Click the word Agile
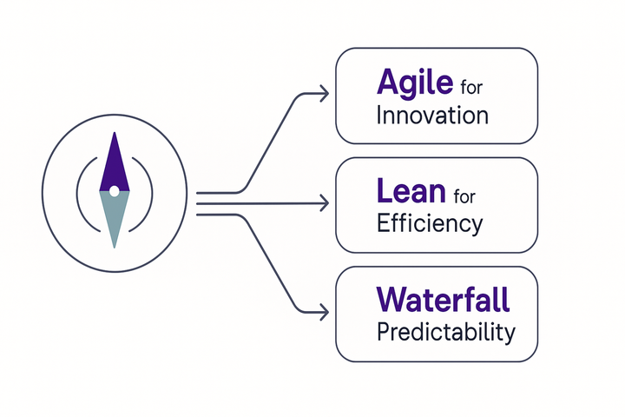click(x=415, y=83)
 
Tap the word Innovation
click(x=432, y=116)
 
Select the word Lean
click(x=411, y=191)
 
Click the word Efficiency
click(x=430, y=223)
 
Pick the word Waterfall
click(x=443, y=299)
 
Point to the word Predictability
click(x=446, y=332)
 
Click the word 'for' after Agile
click(x=471, y=88)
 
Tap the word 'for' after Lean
click(x=464, y=196)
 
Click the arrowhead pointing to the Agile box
click(x=325, y=94)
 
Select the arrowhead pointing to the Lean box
click(x=325, y=203)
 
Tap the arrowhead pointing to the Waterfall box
click(x=325, y=312)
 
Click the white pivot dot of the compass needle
click(x=114, y=191)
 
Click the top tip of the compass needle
click(x=115, y=132)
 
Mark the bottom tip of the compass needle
click(x=115, y=248)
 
